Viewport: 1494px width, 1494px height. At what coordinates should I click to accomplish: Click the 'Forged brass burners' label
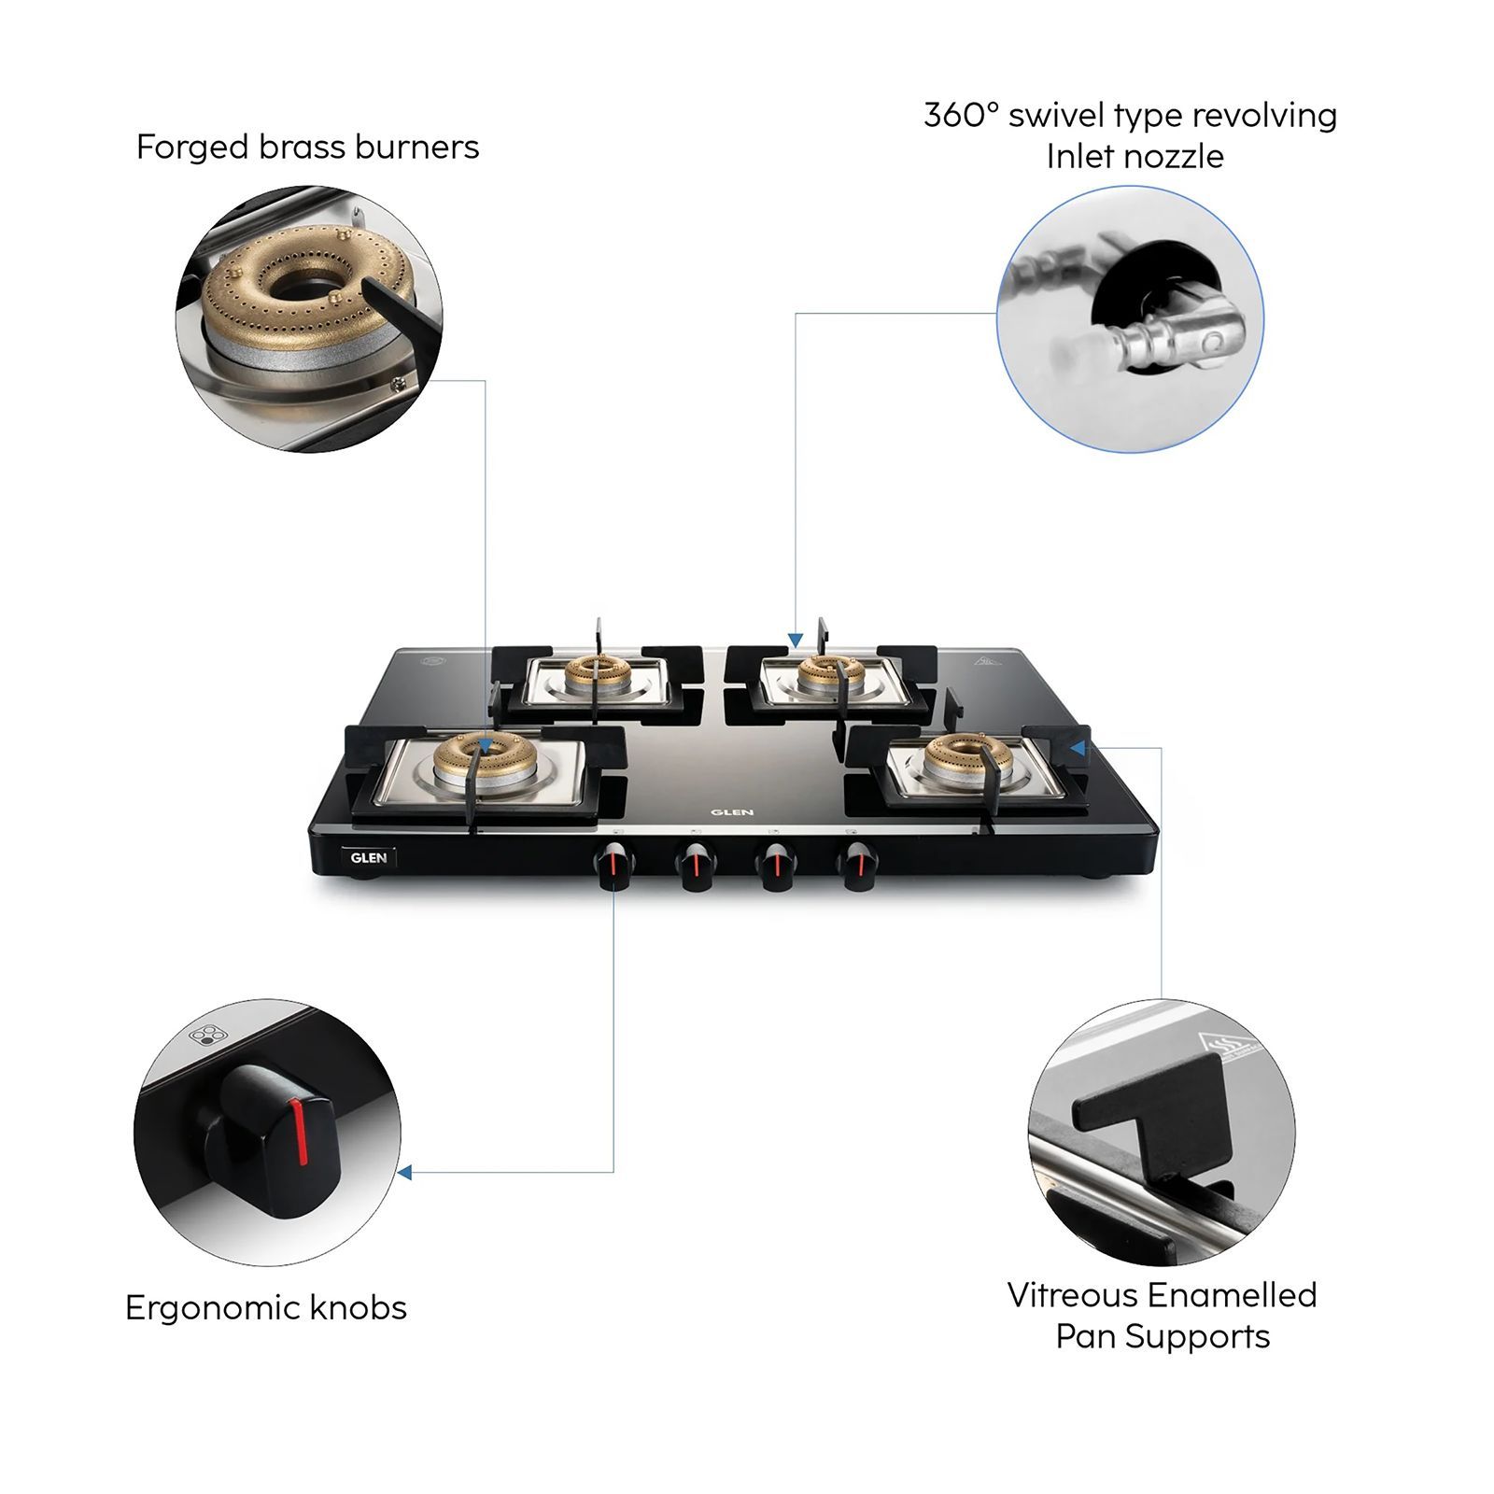coord(307,148)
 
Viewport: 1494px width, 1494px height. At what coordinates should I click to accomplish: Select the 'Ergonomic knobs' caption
coord(266,1307)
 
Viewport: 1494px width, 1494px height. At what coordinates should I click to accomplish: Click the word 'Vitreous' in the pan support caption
coord(1072,1295)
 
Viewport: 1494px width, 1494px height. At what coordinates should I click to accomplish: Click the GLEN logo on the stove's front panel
coord(369,857)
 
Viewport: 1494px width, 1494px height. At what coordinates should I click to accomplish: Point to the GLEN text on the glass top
coord(732,811)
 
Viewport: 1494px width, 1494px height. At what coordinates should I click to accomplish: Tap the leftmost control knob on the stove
coord(613,866)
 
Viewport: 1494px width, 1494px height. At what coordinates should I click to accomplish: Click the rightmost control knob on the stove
coord(856,866)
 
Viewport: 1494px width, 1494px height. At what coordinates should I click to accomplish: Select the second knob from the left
coord(695,866)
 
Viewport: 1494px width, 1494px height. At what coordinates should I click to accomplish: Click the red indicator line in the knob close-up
coord(300,1132)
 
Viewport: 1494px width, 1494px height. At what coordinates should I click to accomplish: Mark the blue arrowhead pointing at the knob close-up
coord(404,1172)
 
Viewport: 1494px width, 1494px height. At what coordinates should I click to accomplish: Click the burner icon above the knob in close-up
coord(204,1035)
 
